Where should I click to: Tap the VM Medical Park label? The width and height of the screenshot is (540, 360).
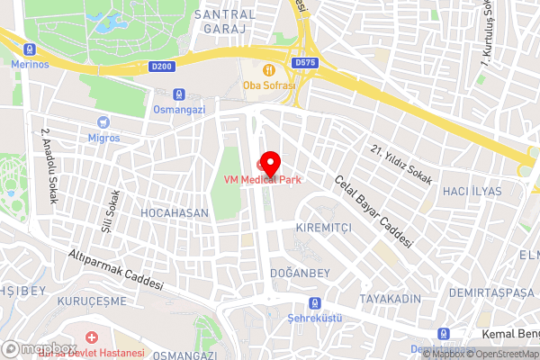pyautogui.click(x=263, y=179)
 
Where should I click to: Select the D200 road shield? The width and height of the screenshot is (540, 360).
pyautogui.click(x=163, y=66)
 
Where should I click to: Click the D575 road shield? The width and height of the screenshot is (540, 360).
pyautogui.click(x=304, y=63)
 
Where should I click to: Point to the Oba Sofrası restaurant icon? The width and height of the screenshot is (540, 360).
pyautogui.click(x=267, y=70)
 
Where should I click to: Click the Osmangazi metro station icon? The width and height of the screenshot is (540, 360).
pyautogui.click(x=180, y=94)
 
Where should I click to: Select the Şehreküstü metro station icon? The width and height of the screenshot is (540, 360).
pyautogui.click(x=314, y=303)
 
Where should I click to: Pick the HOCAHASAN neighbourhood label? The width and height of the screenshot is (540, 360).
pyautogui.click(x=175, y=213)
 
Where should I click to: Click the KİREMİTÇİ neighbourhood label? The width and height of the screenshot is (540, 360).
pyautogui.click(x=323, y=229)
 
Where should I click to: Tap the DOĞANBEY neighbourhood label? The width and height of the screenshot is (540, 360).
pyautogui.click(x=297, y=272)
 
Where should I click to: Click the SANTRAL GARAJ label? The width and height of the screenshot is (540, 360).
pyautogui.click(x=224, y=23)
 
